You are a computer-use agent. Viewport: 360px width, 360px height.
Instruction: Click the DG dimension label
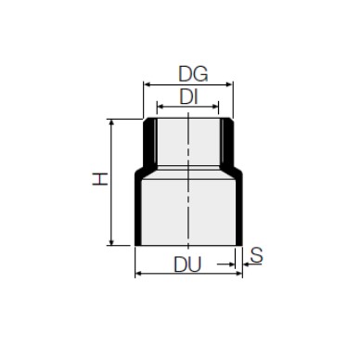tap(193, 74)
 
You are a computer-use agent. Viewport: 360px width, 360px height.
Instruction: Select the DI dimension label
tap(188, 97)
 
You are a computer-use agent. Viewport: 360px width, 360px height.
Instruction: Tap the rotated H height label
tap(100, 179)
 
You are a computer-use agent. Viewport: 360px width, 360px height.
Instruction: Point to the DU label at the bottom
tap(187, 264)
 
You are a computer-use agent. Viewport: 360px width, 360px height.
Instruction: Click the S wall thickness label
tap(256, 255)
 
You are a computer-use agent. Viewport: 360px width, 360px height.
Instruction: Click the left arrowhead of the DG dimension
tap(147, 84)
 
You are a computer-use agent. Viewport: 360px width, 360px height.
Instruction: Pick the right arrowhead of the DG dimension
tap(229, 84)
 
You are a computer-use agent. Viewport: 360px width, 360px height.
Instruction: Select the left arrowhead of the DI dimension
tap(161, 107)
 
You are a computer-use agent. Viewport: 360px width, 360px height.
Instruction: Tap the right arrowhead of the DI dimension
tap(215, 107)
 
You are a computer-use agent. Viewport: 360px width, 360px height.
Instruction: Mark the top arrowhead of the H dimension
tap(111, 122)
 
